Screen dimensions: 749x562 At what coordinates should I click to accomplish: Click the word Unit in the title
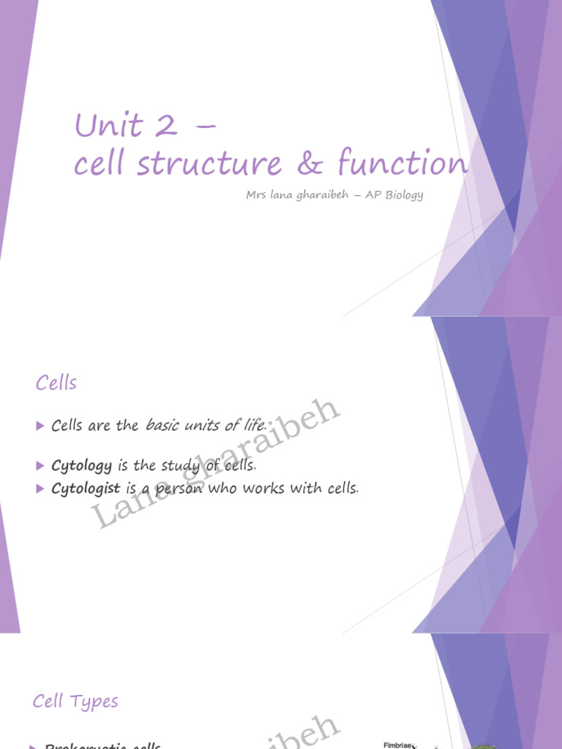click(x=108, y=126)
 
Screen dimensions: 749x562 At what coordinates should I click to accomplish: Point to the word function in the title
click(x=402, y=163)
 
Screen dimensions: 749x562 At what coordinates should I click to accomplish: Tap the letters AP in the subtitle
click(x=362, y=195)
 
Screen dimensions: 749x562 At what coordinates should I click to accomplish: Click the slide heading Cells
click(x=56, y=383)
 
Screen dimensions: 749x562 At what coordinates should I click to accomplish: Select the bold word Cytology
click(x=82, y=466)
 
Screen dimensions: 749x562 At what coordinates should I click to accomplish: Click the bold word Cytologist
click(x=86, y=489)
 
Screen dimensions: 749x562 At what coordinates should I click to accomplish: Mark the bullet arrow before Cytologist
click(x=40, y=489)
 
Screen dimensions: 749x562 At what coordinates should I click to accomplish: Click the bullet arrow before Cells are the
click(x=40, y=426)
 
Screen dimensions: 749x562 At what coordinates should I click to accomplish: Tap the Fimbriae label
click(x=399, y=745)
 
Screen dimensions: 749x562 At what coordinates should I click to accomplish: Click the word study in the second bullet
click(x=182, y=466)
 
